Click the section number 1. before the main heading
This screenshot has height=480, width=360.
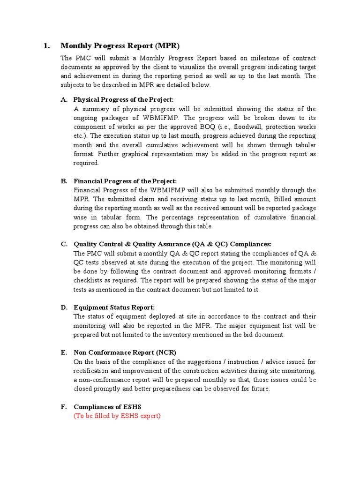46,46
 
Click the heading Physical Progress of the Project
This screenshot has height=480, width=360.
123,100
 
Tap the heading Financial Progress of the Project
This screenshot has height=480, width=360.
125,181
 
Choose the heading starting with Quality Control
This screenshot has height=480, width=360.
172,244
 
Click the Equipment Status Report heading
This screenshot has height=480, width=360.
114,307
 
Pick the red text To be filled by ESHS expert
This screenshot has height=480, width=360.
117,416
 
